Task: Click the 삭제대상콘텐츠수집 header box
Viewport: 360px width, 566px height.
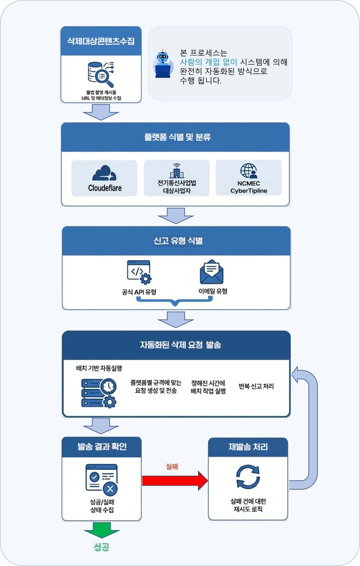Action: [100, 40]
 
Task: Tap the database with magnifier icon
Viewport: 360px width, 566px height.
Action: [101, 73]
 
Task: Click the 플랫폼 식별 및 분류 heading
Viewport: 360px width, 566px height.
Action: [174, 137]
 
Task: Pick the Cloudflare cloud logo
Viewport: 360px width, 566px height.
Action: [104, 173]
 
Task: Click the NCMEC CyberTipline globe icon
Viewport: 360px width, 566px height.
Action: [248, 172]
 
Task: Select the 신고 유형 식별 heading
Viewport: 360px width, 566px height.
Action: [175, 241]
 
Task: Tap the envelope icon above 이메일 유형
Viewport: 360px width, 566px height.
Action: [211, 272]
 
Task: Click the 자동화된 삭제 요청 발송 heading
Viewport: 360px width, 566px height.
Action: [175, 345]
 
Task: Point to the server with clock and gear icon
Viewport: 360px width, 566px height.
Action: [98, 392]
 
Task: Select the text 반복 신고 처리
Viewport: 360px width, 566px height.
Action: [256, 386]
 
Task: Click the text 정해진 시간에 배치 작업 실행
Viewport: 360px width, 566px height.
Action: [208, 387]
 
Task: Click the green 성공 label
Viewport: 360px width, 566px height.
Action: [101, 546]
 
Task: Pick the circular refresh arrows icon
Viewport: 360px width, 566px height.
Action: [247, 476]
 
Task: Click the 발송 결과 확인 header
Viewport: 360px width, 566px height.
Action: [101, 446]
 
